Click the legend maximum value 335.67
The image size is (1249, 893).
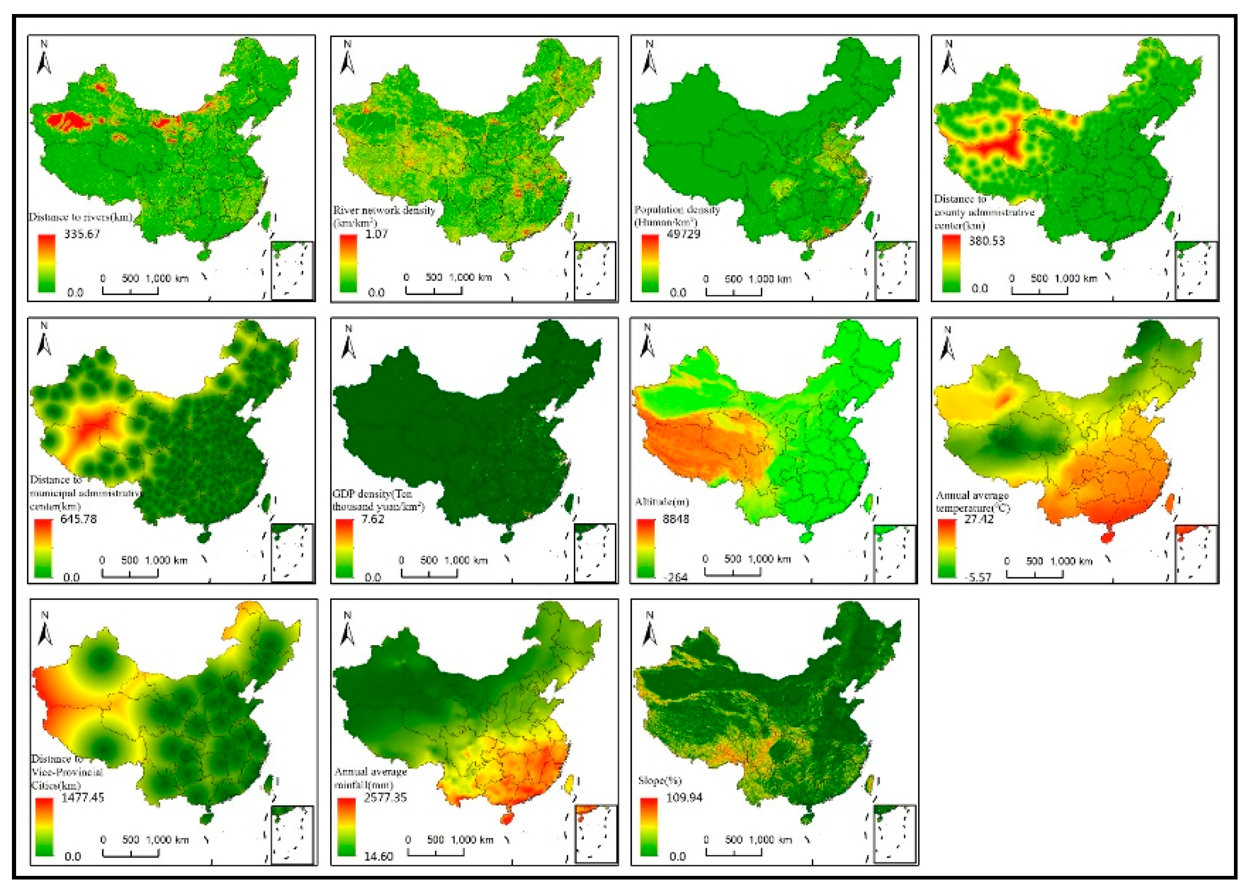click(82, 234)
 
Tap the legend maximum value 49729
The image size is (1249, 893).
click(682, 234)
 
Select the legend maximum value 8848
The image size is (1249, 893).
click(676, 519)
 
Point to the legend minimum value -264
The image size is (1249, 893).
click(675, 577)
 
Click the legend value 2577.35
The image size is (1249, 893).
click(385, 797)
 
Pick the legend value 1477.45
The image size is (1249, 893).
click(83, 797)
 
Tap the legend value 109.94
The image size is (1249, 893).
click(684, 797)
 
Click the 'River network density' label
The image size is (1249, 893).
click(384, 210)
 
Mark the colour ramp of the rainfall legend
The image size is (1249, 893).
click(346, 827)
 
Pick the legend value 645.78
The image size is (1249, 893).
click(78, 519)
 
